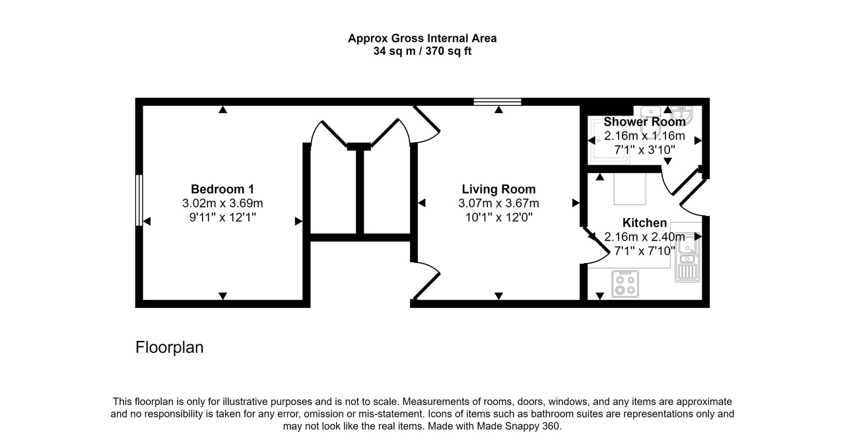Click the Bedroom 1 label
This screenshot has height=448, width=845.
(222, 188)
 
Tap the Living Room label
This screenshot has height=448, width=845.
(498, 189)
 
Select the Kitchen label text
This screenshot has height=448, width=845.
(644, 223)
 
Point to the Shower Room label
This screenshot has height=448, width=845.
(644, 122)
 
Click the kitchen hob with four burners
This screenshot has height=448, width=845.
(625, 284)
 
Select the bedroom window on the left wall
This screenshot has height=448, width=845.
(139, 200)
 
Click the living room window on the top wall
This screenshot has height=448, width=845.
(498, 102)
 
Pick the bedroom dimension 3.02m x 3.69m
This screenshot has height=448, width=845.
(222, 203)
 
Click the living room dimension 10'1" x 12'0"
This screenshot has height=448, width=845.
(498, 217)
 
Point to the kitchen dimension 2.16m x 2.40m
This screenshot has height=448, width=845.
(644, 237)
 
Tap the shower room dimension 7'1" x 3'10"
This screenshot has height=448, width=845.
(644, 150)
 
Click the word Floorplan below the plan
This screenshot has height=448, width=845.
(169, 348)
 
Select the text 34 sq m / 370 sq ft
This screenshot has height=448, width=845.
(422, 52)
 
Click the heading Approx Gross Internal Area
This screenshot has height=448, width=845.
(422, 38)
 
